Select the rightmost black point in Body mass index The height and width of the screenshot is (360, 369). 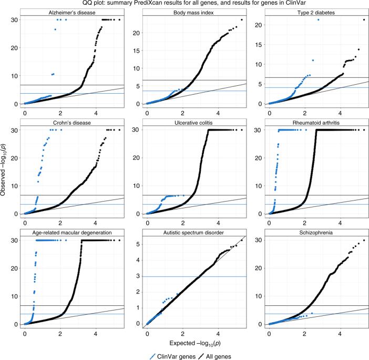point(242,20)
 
